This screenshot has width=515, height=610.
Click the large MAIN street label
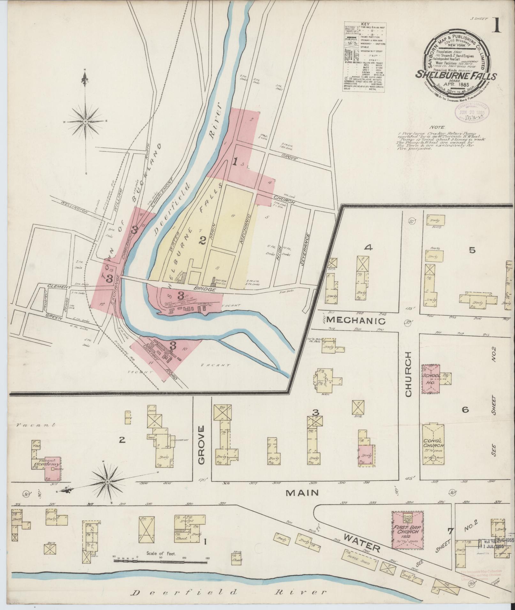[x=302, y=502]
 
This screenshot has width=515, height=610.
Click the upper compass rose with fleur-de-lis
[x=85, y=121]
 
